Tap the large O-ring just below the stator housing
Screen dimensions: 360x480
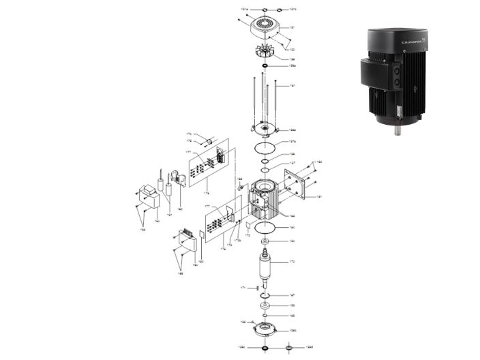click(265, 227)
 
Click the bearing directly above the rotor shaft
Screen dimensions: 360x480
click(265, 241)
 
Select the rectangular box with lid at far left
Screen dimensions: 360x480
click(149, 196)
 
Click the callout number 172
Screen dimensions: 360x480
click(292, 262)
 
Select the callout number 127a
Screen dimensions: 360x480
click(292, 141)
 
